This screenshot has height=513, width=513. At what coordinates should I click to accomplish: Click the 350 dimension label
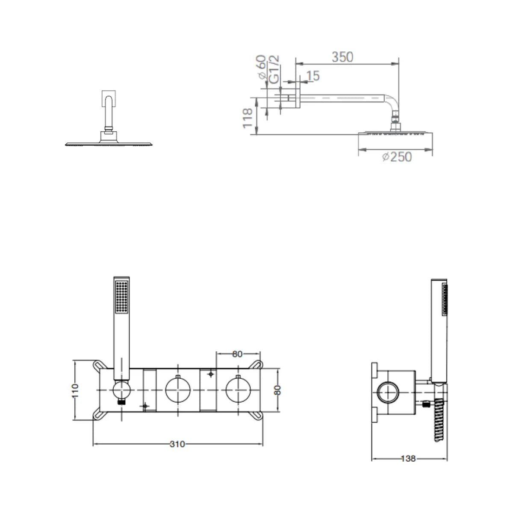[342, 57]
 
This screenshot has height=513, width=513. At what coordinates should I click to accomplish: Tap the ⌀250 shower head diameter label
[397, 157]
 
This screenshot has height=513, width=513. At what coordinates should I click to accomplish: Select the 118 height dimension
[248, 118]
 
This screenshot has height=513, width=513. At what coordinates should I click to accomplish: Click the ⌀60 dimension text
[262, 67]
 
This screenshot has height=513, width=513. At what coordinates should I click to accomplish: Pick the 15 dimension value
[313, 76]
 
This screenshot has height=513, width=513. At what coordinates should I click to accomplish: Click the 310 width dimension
[177, 444]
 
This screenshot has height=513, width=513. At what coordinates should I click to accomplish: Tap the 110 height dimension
[75, 391]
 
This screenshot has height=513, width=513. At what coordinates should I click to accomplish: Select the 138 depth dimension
[408, 458]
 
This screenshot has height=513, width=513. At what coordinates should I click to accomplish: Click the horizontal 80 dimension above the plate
[237, 354]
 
